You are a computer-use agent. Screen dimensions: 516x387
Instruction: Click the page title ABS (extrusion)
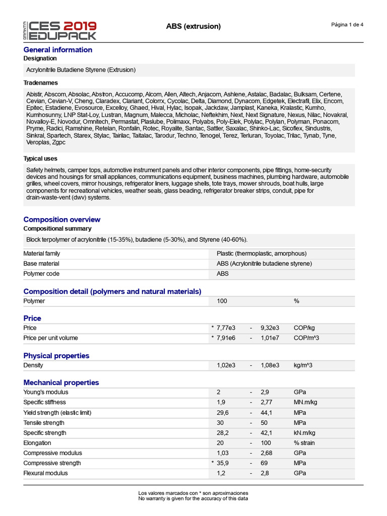193,26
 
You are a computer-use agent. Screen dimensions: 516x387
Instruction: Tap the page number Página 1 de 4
347,25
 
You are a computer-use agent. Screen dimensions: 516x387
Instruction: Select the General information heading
58,49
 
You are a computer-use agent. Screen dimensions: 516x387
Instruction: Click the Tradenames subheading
40,83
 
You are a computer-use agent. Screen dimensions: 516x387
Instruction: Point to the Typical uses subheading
40,158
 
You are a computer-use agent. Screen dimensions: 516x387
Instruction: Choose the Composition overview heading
62,219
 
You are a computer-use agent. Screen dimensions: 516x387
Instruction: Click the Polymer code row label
41,274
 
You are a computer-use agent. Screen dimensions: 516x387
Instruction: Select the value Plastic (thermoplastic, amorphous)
262,253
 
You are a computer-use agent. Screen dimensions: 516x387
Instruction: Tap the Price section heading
32,318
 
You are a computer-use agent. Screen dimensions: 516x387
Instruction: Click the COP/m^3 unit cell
307,338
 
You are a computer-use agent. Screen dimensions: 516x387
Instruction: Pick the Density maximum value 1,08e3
270,365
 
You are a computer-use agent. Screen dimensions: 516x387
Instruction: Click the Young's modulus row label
46,392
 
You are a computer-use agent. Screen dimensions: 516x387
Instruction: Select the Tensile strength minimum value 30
220,422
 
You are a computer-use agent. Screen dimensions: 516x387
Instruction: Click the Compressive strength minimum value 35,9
223,463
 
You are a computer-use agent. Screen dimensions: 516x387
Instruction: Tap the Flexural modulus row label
45,473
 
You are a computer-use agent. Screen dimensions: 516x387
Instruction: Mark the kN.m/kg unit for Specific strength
304,433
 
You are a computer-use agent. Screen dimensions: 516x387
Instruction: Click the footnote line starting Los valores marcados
193,493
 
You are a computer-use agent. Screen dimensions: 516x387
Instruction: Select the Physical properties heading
56,355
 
